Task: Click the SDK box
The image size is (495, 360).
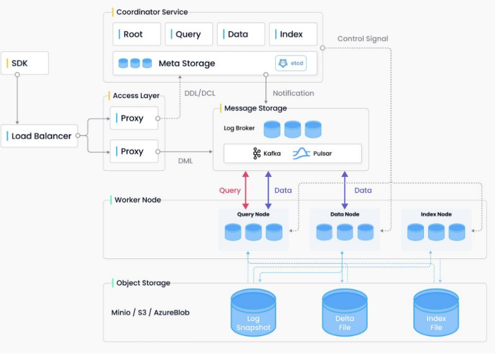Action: tap(25, 63)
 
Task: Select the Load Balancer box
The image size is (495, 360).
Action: tap(39, 136)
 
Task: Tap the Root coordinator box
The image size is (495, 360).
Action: tap(137, 34)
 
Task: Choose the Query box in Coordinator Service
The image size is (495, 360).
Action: tap(188, 34)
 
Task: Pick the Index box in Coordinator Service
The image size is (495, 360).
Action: tap(293, 34)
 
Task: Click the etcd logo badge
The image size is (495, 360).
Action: tap(290, 63)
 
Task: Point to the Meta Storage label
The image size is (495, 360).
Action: tap(186, 63)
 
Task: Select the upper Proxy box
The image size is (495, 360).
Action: tap(134, 118)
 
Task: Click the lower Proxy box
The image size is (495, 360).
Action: tap(134, 151)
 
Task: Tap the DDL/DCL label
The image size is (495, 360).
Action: tap(200, 93)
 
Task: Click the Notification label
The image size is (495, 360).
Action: tap(293, 93)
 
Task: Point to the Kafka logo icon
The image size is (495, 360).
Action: tap(257, 153)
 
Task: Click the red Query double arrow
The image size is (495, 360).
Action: tap(246, 190)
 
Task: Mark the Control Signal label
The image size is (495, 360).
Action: tap(363, 39)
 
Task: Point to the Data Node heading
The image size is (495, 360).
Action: tap(344, 214)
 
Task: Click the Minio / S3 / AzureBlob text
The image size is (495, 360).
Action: tap(150, 313)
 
